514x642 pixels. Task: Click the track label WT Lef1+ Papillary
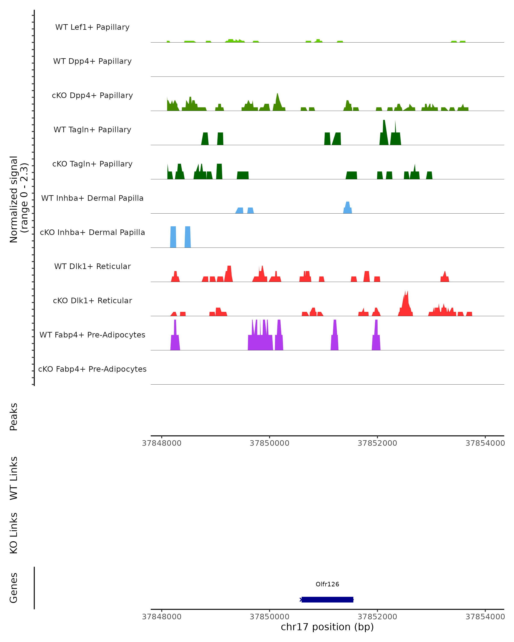92,27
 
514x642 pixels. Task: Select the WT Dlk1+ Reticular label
92,266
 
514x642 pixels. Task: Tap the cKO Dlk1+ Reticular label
92,300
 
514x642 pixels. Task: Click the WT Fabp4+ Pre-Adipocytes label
92,335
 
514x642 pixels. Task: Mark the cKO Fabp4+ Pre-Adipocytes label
92,369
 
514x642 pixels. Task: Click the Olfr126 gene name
327,584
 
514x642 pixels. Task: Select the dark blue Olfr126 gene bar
327,599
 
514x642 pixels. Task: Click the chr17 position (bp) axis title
327,627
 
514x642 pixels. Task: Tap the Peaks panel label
14,417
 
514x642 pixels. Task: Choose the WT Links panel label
14,478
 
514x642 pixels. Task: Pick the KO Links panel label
14,533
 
